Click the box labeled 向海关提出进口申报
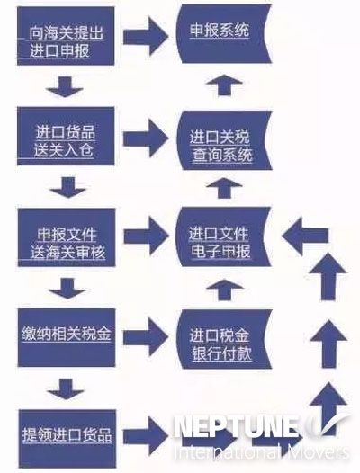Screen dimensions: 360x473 click(66, 36)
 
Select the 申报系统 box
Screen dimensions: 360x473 click(224, 33)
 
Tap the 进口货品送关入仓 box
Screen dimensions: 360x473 click(66, 137)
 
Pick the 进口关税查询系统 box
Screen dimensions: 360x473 click(224, 140)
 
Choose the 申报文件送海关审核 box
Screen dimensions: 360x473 click(67, 237)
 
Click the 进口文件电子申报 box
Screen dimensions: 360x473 click(224, 237)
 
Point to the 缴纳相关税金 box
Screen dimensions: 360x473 click(67, 337)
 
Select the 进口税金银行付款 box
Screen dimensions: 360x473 click(224, 339)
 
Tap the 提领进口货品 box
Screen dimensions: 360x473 click(67, 438)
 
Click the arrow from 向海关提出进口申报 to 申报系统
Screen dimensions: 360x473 click(146, 37)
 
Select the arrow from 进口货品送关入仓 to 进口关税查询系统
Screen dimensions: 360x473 click(146, 138)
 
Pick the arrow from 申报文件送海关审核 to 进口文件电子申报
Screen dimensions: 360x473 click(146, 236)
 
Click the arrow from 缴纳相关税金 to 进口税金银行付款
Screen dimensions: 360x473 click(145, 337)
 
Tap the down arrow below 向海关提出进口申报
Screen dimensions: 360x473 click(65, 87)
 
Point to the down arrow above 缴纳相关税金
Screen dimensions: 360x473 click(67, 289)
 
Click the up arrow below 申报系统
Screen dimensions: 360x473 click(224, 85)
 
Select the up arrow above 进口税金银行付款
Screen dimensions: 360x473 click(224, 290)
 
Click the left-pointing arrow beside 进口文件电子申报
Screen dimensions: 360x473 click(305, 236)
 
